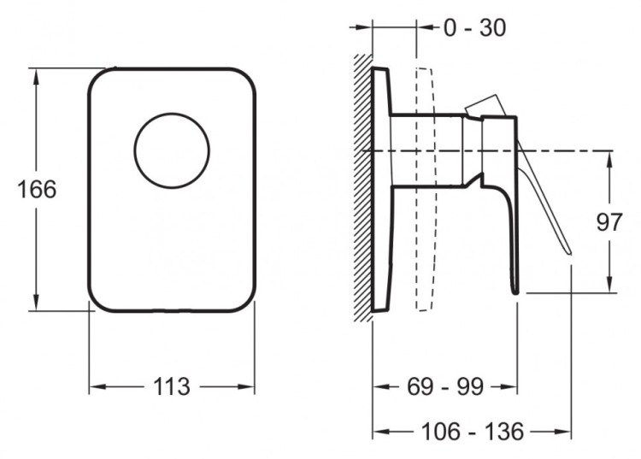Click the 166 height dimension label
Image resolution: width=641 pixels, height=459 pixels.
tap(37, 190)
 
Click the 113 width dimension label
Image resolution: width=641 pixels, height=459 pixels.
tap(172, 386)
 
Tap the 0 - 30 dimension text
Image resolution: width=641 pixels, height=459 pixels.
tap(474, 28)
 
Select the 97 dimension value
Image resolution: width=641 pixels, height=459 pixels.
tap(609, 222)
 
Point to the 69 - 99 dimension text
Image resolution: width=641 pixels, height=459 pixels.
tap(445, 386)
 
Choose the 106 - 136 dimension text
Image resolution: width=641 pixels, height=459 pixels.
tap(472, 431)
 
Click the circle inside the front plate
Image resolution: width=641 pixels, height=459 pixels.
tap(172, 113)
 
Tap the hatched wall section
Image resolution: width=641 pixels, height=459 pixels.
tap(362, 188)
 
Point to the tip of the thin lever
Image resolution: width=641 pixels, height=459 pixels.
tap(569, 253)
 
